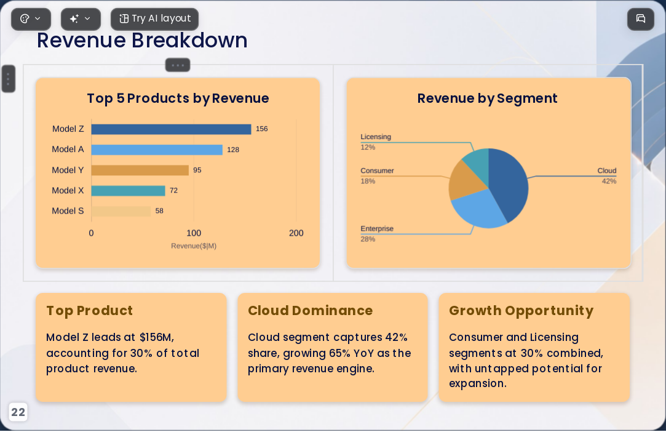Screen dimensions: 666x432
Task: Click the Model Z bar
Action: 171,129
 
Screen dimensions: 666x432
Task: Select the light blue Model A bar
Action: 157,150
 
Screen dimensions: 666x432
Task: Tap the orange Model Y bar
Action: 140,170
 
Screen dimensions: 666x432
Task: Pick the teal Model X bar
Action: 128,191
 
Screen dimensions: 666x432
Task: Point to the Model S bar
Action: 121,211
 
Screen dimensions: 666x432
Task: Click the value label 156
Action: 261,129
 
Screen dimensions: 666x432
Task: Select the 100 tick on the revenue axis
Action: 194,233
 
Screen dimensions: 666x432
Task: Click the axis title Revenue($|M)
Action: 194,246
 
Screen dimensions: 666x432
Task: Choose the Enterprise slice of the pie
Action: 478,209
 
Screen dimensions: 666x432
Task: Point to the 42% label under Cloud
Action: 609,181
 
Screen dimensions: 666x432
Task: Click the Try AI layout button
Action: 154,19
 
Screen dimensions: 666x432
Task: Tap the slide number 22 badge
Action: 18,412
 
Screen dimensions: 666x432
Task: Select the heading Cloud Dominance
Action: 310,310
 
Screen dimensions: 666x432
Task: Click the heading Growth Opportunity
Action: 521,311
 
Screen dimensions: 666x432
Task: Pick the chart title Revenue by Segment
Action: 487,98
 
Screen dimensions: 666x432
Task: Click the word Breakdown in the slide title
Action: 189,41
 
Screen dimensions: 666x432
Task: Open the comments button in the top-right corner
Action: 641,18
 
